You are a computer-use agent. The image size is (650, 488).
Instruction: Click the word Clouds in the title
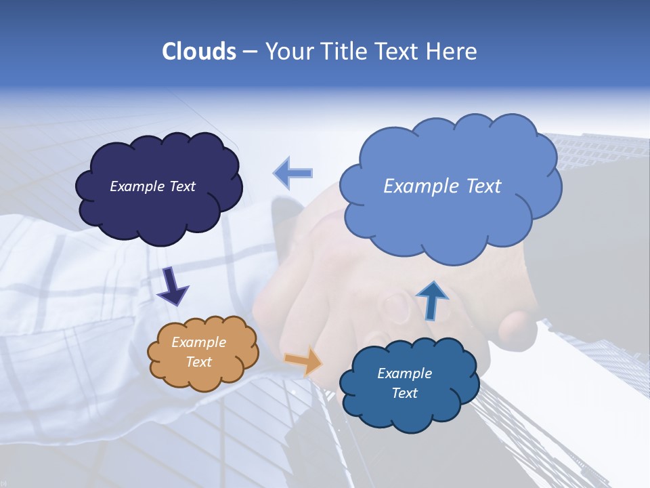(x=198, y=51)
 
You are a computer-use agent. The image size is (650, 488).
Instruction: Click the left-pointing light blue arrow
(x=292, y=173)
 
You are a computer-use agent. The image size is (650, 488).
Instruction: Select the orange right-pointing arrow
(x=303, y=361)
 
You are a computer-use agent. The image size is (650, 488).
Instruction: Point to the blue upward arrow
(x=431, y=300)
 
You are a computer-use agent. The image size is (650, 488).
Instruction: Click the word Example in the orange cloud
(x=198, y=342)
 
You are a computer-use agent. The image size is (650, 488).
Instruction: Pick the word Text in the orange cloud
(x=198, y=362)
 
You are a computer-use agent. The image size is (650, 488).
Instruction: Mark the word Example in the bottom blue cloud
(x=404, y=373)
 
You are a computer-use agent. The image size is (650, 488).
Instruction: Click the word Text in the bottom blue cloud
(x=404, y=393)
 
